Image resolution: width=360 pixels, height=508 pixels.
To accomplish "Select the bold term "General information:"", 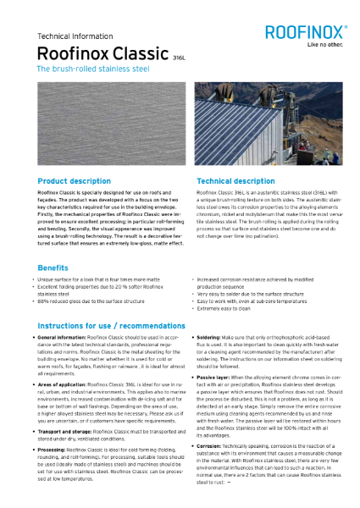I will pyautogui.click(x=65, y=338).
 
